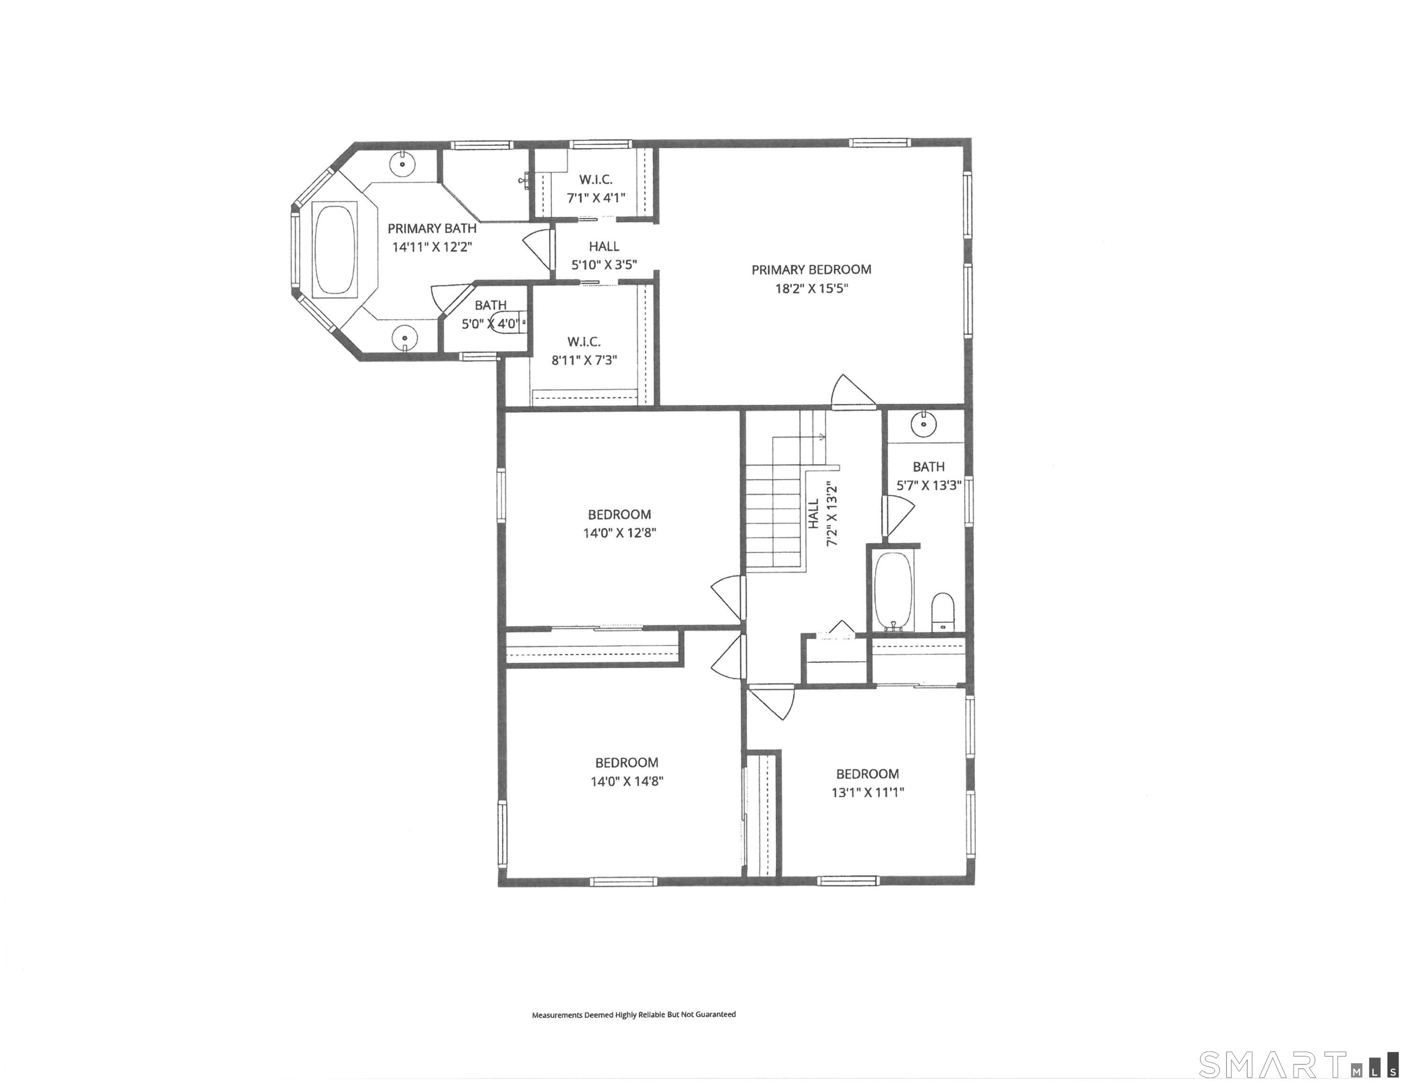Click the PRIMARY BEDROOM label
pyautogui.click(x=811, y=270)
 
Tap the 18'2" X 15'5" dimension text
pyautogui.click(x=811, y=288)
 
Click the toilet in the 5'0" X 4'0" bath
pyautogui.click(x=507, y=321)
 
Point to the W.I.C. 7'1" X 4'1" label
pyautogui.click(x=595, y=189)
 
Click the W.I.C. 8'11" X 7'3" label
pyautogui.click(x=583, y=351)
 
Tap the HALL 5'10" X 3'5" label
pyautogui.click(x=604, y=255)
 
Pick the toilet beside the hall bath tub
pyautogui.click(x=942, y=611)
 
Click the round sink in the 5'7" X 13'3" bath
pyautogui.click(x=923, y=424)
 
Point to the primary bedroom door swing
pyautogui.click(x=851, y=392)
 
